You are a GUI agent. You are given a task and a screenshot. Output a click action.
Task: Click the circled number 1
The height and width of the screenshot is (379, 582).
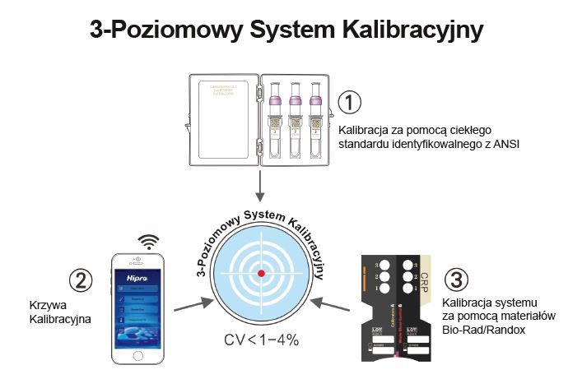coord(349,103)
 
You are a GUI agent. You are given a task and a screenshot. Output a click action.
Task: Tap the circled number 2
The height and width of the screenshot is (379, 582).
coord(80,281)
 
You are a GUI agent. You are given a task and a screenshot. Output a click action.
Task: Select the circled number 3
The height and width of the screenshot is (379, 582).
coord(456,277)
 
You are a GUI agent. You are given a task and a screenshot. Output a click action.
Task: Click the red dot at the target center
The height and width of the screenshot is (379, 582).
coord(262,272)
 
